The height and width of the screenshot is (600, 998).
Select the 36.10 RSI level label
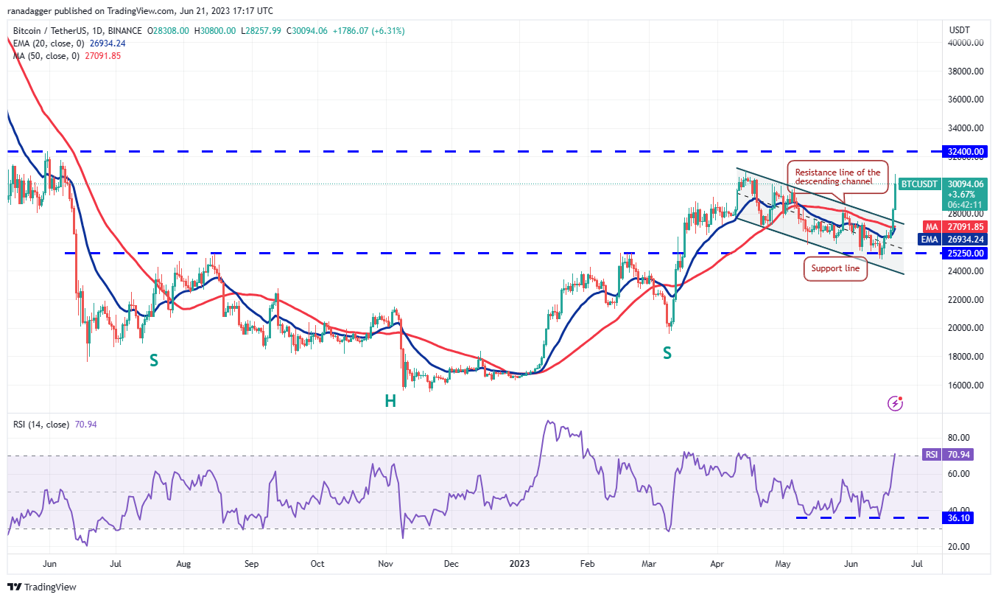tap(959, 518)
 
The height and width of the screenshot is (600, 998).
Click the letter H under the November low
tap(390, 401)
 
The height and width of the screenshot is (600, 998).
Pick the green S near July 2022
tap(154, 360)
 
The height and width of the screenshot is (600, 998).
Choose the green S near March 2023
tap(667, 353)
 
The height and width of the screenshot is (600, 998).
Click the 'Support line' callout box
tap(835, 268)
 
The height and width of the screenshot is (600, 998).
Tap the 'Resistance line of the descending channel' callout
tap(837, 177)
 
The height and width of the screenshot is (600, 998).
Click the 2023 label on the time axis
tap(519, 564)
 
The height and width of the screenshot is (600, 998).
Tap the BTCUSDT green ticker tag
tap(920, 184)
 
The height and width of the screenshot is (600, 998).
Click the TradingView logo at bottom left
tap(42, 587)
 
